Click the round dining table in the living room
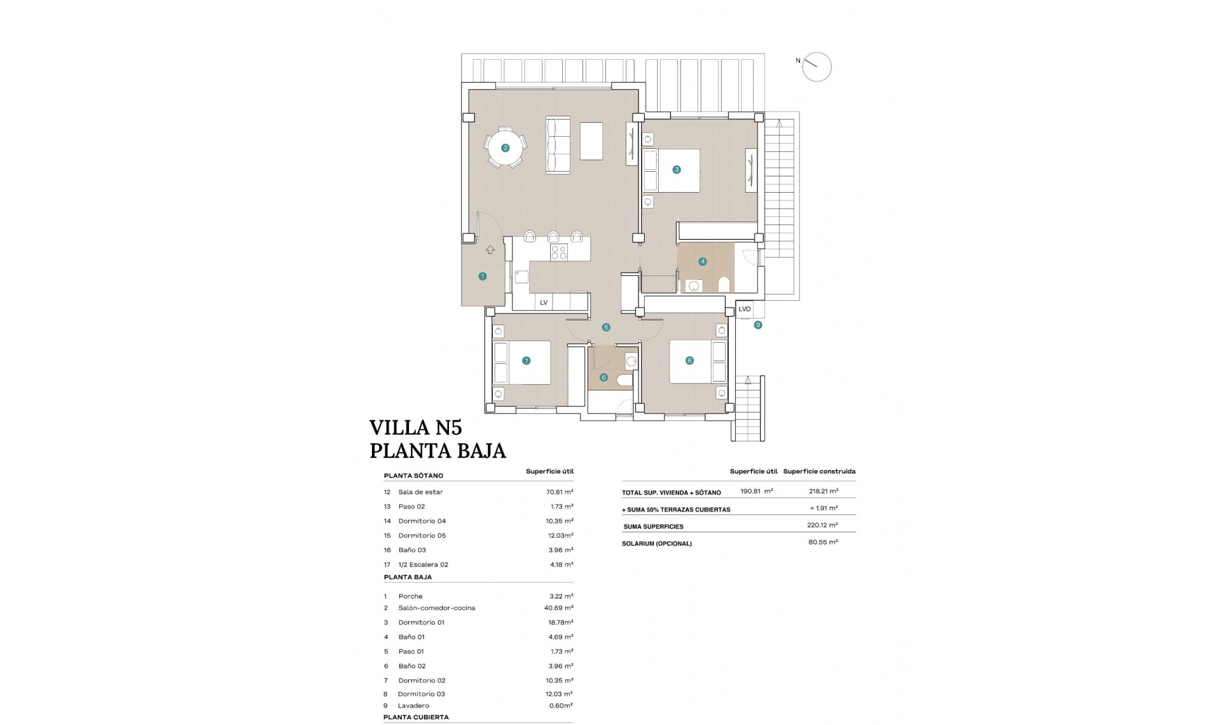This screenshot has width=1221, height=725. coord(504,148)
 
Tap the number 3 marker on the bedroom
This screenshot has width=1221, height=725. coord(677,170)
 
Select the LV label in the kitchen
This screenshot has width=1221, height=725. coord(544,303)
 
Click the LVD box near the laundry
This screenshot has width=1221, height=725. coord(745,309)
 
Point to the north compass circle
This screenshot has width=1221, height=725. coord(817,67)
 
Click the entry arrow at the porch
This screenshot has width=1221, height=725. coord(490,250)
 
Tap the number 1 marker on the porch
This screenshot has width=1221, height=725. coord(483,276)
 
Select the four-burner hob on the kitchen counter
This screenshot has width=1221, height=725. coord(559,252)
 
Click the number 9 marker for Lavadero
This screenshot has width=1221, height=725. coord(757,325)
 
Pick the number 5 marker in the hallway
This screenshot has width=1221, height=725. coord(606,328)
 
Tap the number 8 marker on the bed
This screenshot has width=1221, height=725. coord(689,361)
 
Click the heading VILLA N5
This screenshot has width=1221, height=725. coord(415,427)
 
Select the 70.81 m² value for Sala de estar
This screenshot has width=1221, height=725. coord(560,492)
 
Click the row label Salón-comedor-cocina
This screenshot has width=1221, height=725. coord(436,608)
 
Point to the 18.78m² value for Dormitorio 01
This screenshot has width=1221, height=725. coord(560,623)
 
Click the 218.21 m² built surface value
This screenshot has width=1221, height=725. coord(823,491)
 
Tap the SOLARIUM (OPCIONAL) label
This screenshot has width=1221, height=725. coord(657,544)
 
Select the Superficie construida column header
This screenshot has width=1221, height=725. coord(819,471)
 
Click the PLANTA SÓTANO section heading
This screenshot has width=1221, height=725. coord(413,476)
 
